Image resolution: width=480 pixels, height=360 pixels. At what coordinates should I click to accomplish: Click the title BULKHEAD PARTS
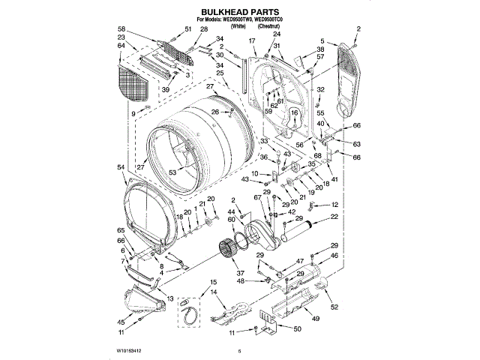coord(239,13)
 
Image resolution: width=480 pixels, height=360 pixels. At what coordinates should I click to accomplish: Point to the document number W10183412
coord(129,349)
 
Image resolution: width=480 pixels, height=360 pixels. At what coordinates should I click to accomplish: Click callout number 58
coord(121,28)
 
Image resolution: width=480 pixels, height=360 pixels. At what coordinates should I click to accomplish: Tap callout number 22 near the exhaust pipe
coord(334,217)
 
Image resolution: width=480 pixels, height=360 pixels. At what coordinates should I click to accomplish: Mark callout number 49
coord(316,319)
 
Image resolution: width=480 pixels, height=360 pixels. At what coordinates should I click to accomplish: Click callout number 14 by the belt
coord(213,292)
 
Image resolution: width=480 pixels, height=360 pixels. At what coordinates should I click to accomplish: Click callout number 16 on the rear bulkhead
coord(295,112)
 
